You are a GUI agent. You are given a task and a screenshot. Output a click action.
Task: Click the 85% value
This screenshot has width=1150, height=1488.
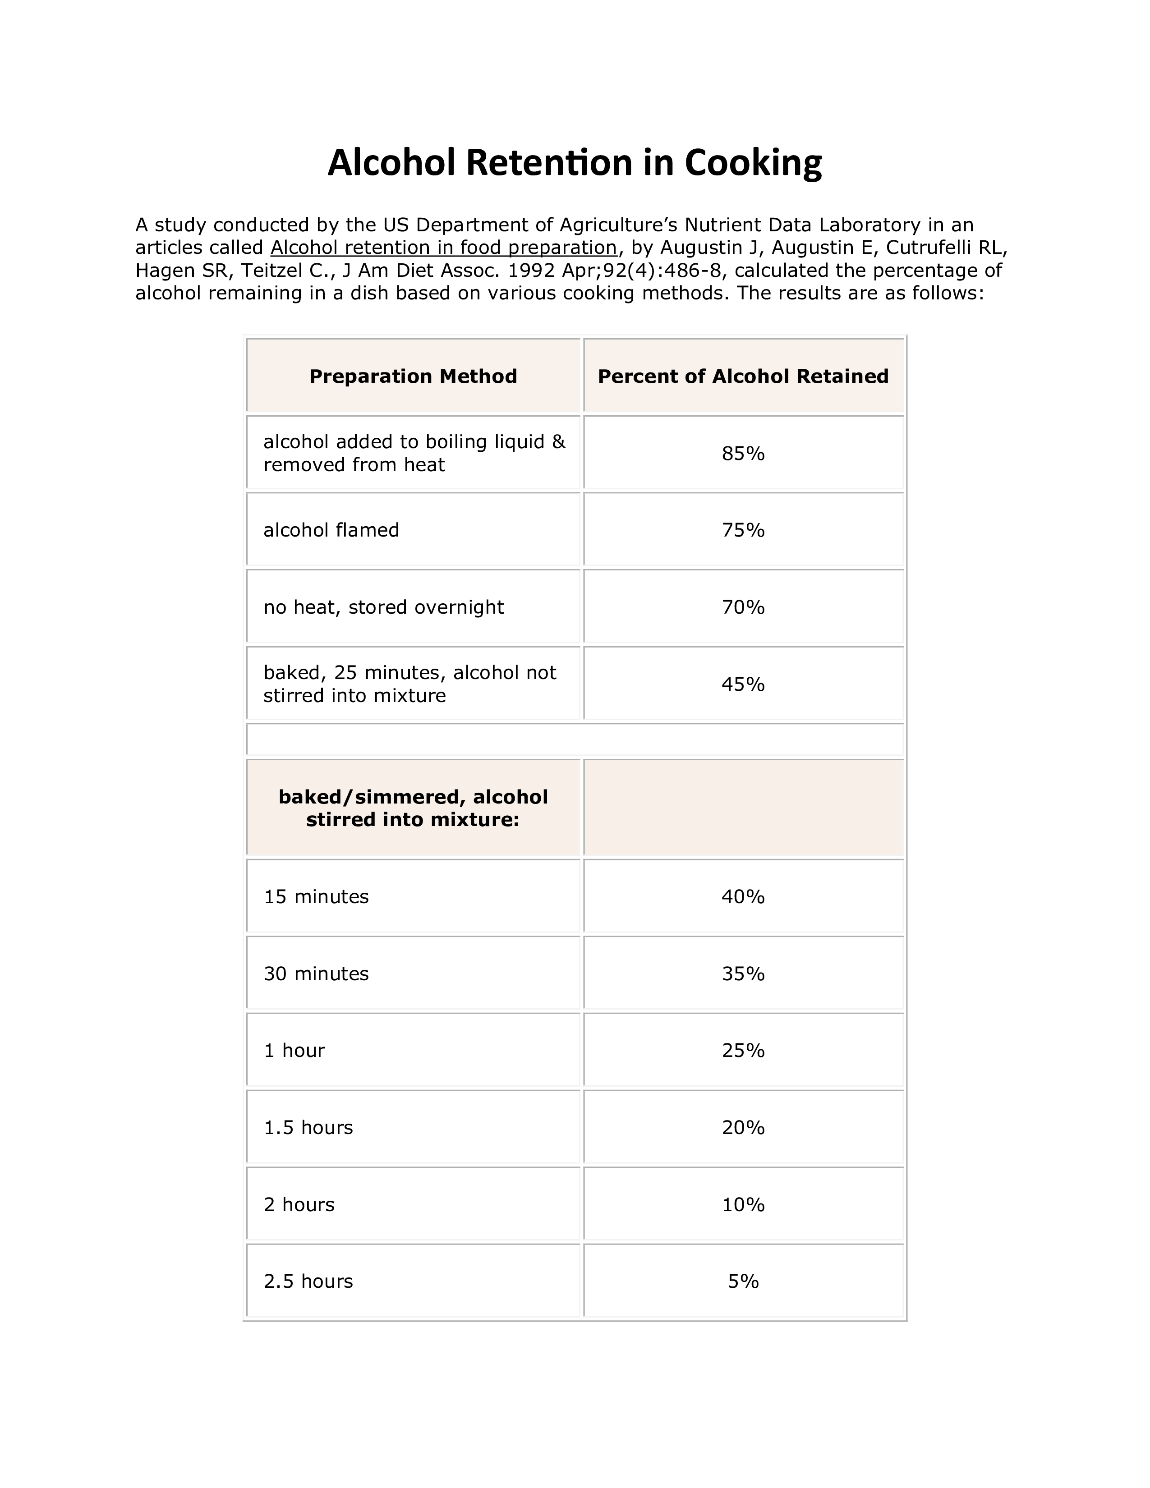743,453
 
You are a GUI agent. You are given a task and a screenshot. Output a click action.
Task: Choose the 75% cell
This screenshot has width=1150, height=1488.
743,530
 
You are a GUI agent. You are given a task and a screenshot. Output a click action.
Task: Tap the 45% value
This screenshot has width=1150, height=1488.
743,684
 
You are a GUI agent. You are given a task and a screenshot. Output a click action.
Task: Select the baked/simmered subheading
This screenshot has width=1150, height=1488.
413,808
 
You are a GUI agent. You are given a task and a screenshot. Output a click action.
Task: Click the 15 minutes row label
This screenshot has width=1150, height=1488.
316,896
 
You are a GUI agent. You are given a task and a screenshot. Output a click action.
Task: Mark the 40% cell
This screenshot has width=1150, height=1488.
743,896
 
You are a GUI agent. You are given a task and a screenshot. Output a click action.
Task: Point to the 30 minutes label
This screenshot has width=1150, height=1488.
316,974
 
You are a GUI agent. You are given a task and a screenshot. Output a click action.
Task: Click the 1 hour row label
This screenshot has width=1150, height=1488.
294,1051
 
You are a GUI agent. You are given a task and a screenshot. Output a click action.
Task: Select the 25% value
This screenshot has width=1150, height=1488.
743,1051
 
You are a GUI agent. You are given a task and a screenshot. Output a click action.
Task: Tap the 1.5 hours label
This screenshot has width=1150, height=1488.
308,1128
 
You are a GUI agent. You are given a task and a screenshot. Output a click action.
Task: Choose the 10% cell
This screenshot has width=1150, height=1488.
743,1204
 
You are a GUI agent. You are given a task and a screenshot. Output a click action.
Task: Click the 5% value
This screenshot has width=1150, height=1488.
743,1281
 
